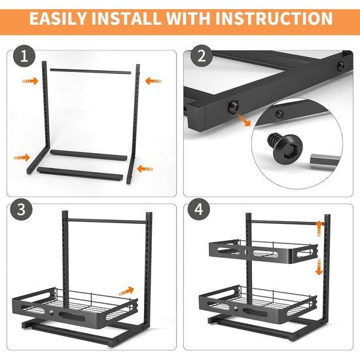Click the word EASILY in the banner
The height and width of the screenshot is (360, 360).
58,18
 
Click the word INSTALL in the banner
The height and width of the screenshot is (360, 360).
126,18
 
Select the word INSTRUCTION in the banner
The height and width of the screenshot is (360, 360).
274,18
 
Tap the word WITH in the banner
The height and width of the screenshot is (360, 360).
188,18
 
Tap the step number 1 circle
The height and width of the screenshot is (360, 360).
24,56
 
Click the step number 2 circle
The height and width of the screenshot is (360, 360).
202,56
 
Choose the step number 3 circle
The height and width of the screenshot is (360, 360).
21,209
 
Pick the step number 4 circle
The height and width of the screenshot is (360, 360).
199,209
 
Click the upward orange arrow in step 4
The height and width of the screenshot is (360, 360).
319,228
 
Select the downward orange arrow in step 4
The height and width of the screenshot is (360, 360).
319,267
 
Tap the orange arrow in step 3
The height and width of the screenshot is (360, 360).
126,291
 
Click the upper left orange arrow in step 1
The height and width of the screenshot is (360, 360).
30,81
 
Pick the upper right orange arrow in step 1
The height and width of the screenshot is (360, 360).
153,81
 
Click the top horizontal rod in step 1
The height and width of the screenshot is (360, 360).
91,71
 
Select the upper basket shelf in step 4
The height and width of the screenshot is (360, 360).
263,251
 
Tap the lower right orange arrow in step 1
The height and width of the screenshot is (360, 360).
145,169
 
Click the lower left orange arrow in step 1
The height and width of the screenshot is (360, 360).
22,158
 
